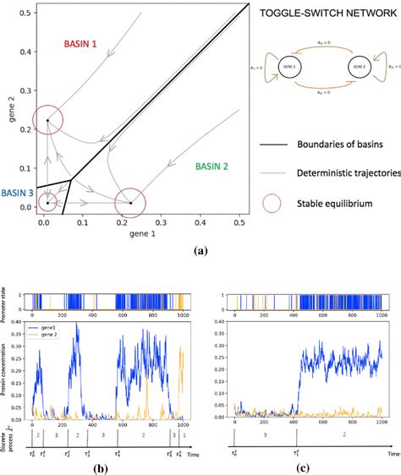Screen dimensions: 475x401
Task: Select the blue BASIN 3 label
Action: [17, 194]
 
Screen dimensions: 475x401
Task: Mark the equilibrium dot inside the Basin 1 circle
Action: [47, 121]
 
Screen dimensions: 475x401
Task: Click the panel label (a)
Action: [200, 250]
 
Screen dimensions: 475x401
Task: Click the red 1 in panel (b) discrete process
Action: [184, 435]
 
